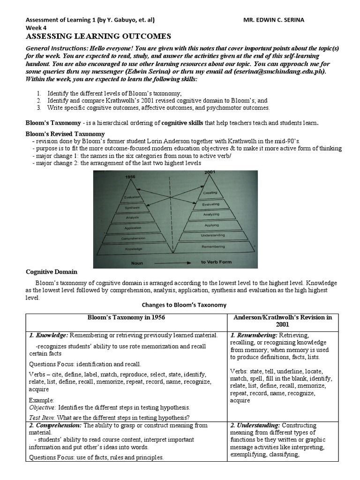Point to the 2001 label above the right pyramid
coord(210,173)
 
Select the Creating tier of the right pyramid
coord(210,193)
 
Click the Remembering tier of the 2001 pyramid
coord(213,246)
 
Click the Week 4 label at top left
coord(36,28)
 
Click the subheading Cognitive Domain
coord(51,272)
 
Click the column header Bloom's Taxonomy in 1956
coord(126,317)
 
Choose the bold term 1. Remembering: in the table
coord(254,335)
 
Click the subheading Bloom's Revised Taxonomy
coord(65,134)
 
